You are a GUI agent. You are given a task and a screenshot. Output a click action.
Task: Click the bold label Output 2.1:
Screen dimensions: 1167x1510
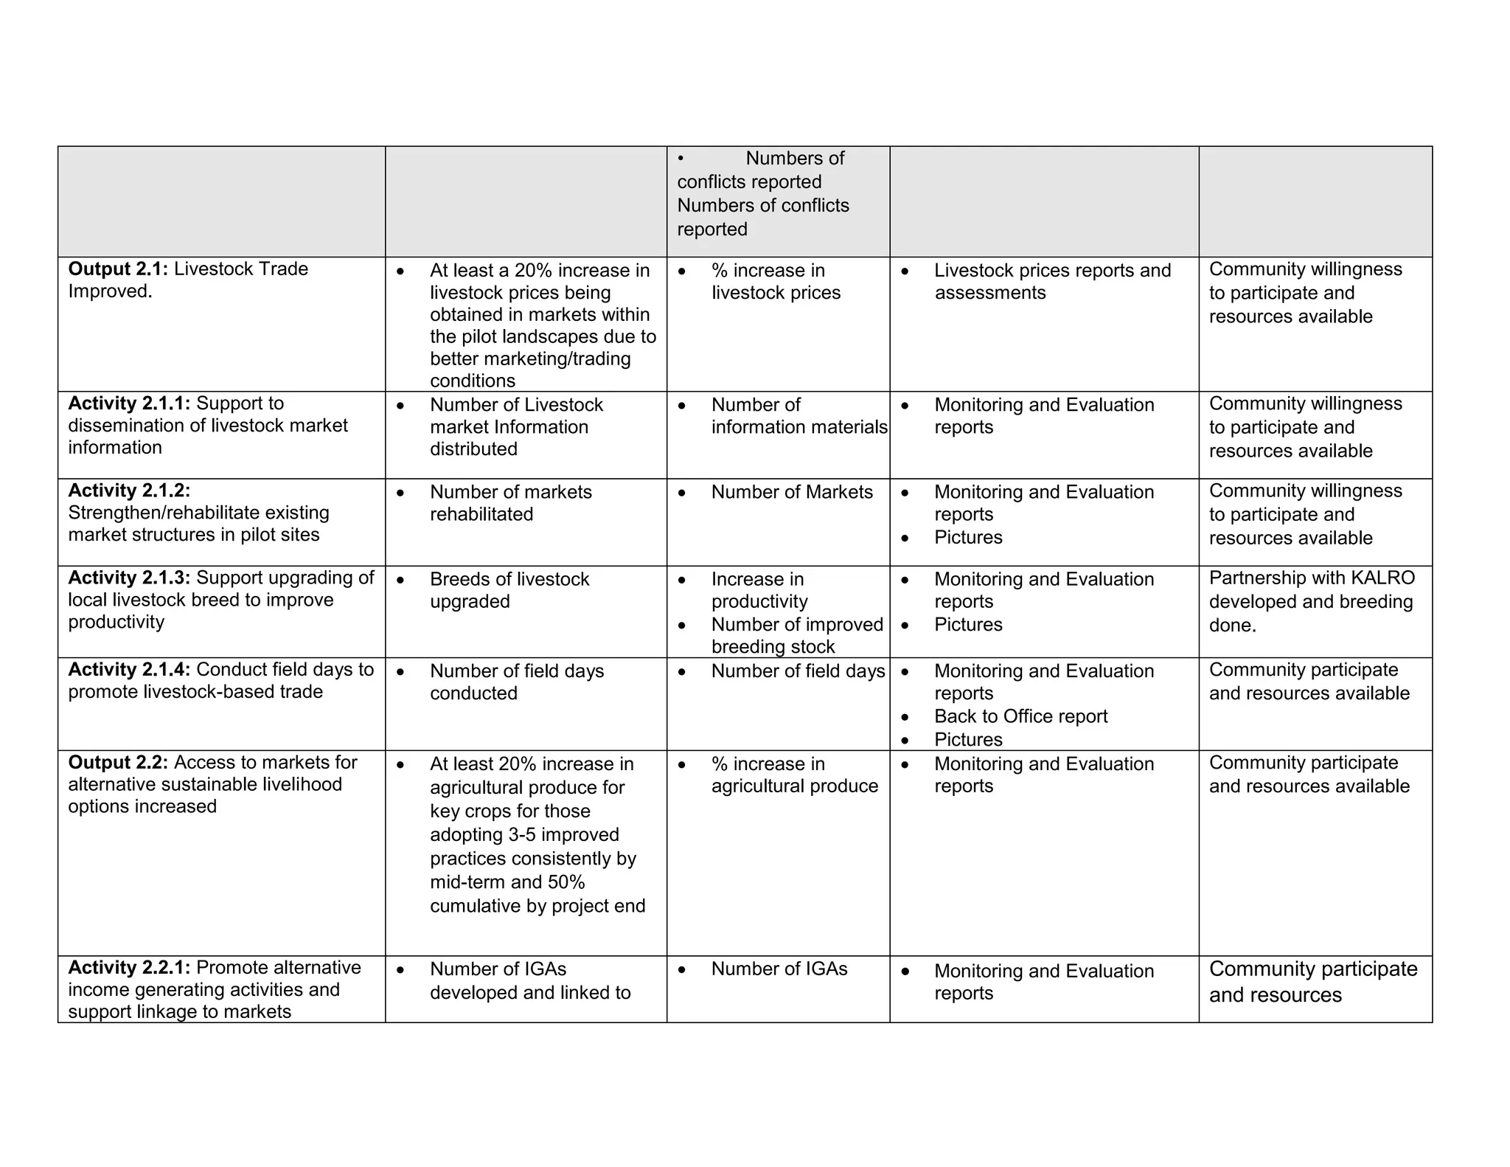(x=118, y=269)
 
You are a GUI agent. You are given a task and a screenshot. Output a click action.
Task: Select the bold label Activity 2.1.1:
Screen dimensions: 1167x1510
(x=129, y=404)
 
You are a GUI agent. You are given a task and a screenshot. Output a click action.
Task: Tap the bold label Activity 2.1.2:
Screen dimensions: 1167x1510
(x=129, y=491)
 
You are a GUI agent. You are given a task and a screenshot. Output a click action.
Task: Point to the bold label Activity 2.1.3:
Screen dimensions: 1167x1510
(x=129, y=578)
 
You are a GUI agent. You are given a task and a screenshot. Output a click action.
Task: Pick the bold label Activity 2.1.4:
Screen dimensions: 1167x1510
(x=129, y=670)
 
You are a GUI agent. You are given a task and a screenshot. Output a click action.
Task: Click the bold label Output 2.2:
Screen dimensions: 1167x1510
(x=118, y=763)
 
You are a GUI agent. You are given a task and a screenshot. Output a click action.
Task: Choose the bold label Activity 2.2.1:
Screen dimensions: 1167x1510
(x=129, y=968)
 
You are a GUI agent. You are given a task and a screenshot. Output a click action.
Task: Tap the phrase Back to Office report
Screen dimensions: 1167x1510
(x=1020, y=716)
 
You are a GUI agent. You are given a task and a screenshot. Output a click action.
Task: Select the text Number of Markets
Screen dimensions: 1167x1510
(x=791, y=492)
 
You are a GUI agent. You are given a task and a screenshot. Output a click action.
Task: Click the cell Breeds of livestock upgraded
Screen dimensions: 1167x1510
(x=509, y=590)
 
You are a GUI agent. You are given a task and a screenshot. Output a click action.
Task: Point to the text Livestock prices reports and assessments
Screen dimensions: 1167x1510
(x=1051, y=282)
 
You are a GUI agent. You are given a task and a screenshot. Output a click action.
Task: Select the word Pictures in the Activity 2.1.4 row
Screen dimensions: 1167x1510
(x=968, y=739)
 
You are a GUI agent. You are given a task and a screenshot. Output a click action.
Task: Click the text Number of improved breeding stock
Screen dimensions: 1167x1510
(x=796, y=636)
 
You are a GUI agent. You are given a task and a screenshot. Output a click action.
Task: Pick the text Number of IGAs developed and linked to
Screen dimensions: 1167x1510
(x=529, y=981)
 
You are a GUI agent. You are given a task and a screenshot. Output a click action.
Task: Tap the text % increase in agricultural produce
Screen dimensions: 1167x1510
(x=794, y=775)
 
